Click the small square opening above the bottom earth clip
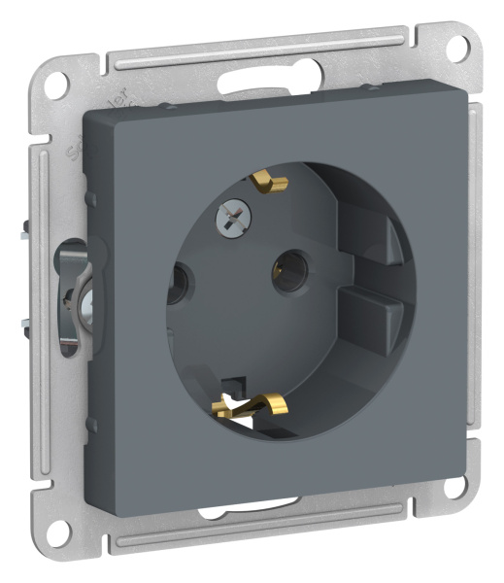(x=230, y=382)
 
